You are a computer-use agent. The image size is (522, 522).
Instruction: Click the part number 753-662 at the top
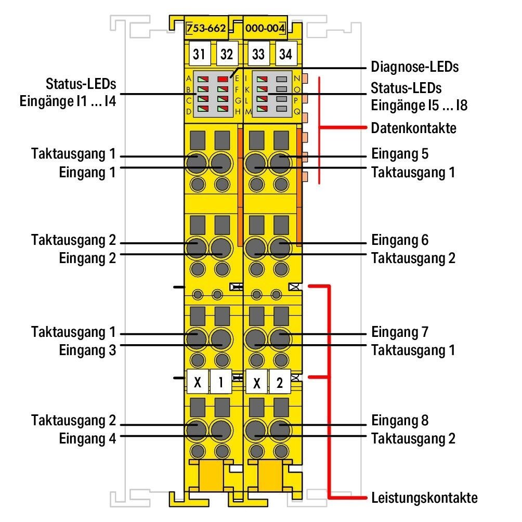206,28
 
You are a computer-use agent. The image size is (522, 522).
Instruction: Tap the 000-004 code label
265,28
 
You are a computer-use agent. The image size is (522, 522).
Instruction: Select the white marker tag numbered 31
199,54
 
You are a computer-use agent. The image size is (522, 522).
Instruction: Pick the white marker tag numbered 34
285,54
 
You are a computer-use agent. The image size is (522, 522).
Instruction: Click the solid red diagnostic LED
223,79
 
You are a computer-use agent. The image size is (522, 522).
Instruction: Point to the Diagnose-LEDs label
414,67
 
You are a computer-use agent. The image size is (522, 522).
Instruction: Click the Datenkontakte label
413,128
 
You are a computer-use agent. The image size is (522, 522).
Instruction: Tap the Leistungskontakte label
424,498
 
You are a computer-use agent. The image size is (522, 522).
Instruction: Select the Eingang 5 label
399,154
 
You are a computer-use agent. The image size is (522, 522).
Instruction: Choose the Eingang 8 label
399,420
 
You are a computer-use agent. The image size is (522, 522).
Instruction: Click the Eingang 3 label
87,350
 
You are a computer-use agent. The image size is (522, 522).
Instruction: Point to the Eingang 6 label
399,240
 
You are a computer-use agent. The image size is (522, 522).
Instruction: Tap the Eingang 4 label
87,438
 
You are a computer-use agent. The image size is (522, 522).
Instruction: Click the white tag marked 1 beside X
221,382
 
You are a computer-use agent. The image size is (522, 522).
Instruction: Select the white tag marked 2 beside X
280,382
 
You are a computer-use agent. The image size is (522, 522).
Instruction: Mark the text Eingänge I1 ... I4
68,101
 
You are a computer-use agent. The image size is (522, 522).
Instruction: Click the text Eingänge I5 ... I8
419,106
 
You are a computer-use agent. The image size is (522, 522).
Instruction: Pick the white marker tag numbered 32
226,54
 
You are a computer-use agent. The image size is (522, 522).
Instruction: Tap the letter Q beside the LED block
297,112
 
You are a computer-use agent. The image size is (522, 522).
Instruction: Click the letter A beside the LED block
189,79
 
